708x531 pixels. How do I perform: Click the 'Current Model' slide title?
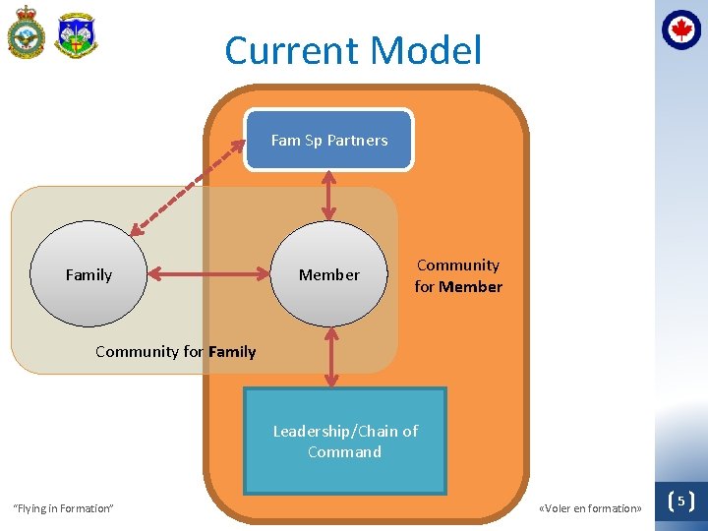pos(353,51)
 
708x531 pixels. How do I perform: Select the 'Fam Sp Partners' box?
pos(328,140)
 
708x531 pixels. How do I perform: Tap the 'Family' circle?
pos(88,274)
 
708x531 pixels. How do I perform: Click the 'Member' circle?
pos(329,274)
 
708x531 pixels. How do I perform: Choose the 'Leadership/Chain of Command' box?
pos(344,441)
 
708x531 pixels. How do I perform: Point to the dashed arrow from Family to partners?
pos(187,186)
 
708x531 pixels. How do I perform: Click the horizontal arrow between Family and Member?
pos(208,274)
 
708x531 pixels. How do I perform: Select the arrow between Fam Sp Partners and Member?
pos(329,195)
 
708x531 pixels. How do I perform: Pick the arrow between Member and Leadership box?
pos(331,356)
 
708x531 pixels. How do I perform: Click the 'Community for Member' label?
pos(458,276)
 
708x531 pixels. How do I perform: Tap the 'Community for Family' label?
pos(175,351)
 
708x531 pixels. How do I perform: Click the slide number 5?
pos(680,501)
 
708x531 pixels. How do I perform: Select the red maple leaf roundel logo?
pos(680,29)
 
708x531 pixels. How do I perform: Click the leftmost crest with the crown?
pos(26,35)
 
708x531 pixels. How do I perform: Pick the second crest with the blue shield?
pos(76,35)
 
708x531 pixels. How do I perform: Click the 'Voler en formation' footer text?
pos(590,508)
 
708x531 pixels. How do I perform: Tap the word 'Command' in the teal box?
pos(344,452)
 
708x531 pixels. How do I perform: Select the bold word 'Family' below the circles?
pos(232,351)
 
